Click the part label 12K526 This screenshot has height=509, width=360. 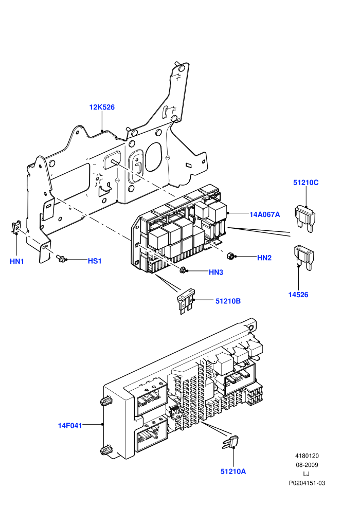click(102, 107)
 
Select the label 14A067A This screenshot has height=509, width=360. click(264, 214)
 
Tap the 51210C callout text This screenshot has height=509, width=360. click(306, 183)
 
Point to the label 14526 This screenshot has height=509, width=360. click(298, 295)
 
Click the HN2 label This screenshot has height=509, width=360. click(264, 258)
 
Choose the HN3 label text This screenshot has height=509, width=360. click(216, 272)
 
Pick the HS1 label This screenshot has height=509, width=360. click(95, 261)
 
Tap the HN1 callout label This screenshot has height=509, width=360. click(17, 261)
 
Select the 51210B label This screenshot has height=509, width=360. click(228, 301)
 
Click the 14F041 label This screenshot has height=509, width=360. click(70, 426)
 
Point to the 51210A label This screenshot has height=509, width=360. click(233, 471)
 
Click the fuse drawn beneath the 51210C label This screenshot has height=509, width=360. click(305, 218)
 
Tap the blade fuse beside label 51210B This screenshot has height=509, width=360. click(185, 301)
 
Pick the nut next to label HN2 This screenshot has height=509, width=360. click(231, 256)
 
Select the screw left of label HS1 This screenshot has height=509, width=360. click(60, 259)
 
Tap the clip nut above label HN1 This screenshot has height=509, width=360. click(16, 226)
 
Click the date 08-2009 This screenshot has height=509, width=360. click(307, 465)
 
